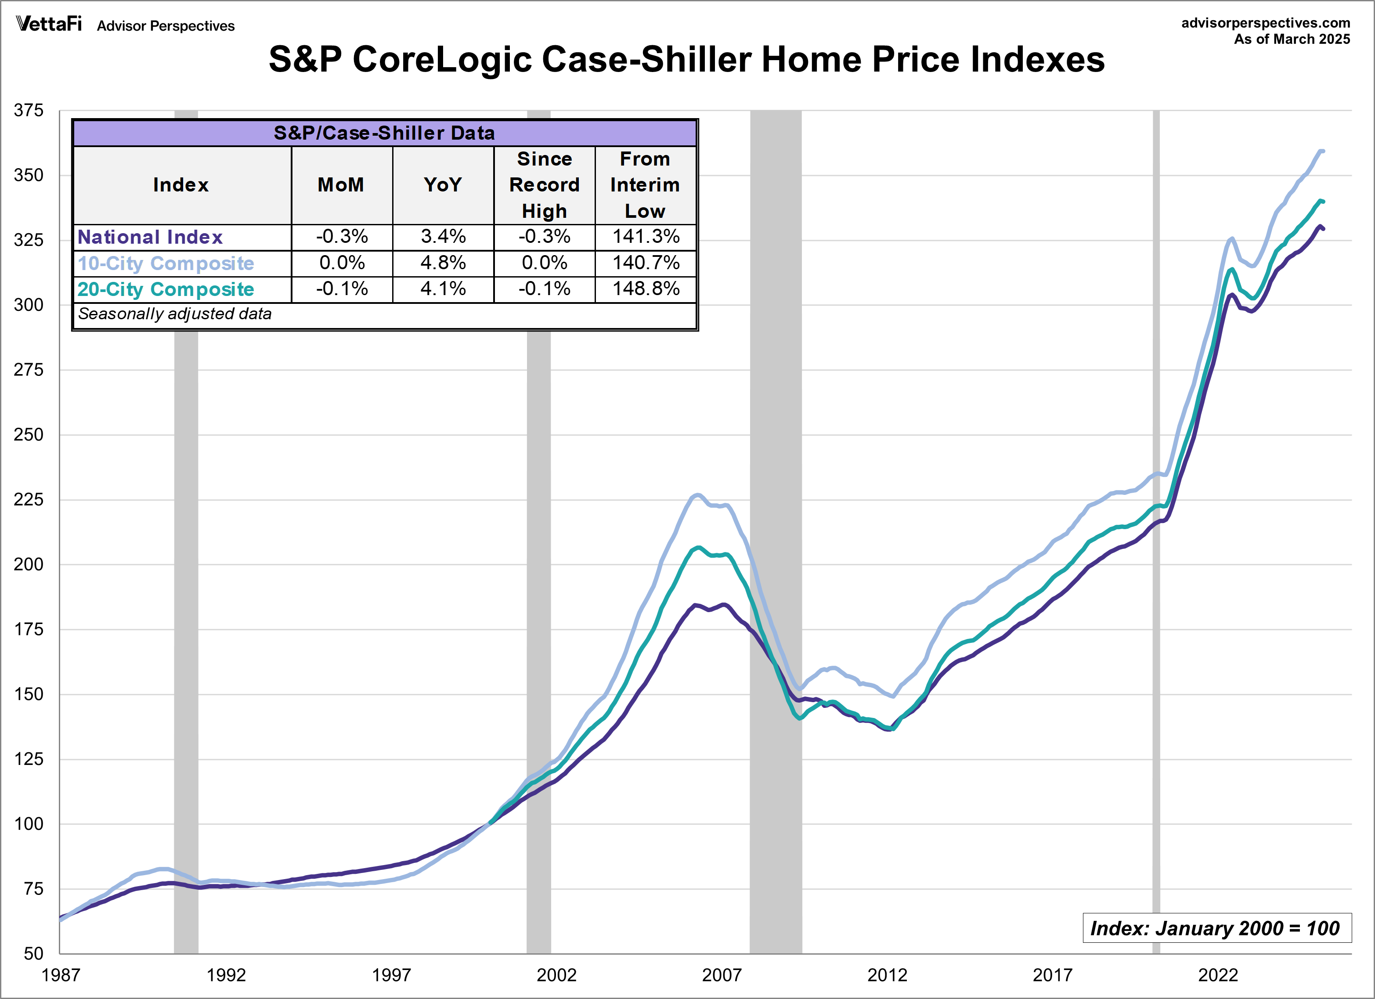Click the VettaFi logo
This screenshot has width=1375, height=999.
click(x=48, y=24)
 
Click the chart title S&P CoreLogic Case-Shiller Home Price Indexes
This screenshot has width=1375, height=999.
click(x=686, y=59)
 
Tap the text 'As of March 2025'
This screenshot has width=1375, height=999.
click(x=1291, y=40)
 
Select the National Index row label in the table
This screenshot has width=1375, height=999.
click(x=150, y=237)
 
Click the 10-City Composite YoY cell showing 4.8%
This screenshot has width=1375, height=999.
click(x=443, y=263)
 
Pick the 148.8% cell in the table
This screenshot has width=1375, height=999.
click(x=646, y=289)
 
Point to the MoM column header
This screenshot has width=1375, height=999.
click(x=341, y=185)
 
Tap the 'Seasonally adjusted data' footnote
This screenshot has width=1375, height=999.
click(x=175, y=314)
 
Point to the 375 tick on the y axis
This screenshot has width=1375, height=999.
click(x=29, y=110)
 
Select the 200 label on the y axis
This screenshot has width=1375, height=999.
click(x=29, y=564)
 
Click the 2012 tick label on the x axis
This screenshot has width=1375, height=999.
click(x=887, y=975)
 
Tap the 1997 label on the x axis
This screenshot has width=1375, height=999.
click(x=391, y=975)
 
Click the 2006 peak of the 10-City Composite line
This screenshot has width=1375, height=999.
click(x=697, y=495)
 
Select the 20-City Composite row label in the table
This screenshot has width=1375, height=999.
click(x=166, y=289)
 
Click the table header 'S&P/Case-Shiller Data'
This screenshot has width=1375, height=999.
click(x=384, y=133)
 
